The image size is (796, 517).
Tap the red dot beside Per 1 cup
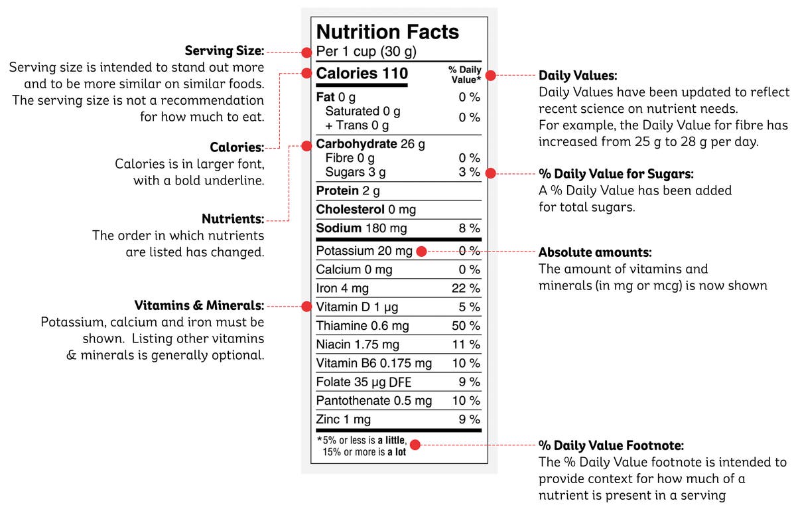click(x=306, y=52)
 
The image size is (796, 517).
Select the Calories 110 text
click(x=362, y=73)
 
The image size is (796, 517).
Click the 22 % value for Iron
click(x=466, y=289)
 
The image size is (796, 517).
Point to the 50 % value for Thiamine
click(x=466, y=326)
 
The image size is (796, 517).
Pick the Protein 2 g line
click(x=348, y=191)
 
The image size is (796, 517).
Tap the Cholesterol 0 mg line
click(x=365, y=210)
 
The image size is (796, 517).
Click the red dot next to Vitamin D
click(x=306, y=307)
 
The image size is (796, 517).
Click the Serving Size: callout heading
click(x=224, y=51)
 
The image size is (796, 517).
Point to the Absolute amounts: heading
click(x=595, y=253)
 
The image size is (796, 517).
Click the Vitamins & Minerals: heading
click(x=199, y=306)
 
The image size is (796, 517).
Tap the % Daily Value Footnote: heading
click(x=611, y=445)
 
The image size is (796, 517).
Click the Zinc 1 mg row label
click(x=343, y=419)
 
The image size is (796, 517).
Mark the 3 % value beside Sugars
click(x=469, y=173)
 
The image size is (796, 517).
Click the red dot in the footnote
click(x=415, y=444)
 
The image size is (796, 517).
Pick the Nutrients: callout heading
click(x=232, y=219)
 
